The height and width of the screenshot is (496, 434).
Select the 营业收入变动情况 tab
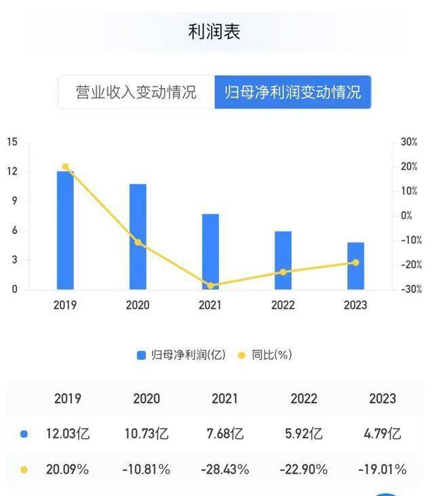(136, 92)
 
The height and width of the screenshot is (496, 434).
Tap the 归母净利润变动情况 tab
(293, 92)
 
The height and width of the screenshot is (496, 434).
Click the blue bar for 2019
(65, 230)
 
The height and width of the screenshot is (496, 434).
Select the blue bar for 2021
(210, 251)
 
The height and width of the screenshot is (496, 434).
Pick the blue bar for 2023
(355, 266)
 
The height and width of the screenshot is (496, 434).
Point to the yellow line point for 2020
(138, 242)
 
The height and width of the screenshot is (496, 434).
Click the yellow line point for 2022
(283, 272)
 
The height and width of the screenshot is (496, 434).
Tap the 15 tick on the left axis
(12, 142)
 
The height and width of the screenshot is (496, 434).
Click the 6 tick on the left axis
(14, 230)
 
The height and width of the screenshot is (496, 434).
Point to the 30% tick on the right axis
(409, 142)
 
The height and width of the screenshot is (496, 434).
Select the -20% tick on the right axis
(410, 264)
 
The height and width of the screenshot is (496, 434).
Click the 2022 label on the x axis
(283, 305)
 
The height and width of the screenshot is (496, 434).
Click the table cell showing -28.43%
(224, 469)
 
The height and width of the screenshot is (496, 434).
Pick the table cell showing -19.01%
(382, 469)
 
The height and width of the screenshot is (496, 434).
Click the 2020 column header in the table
(146, 398)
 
